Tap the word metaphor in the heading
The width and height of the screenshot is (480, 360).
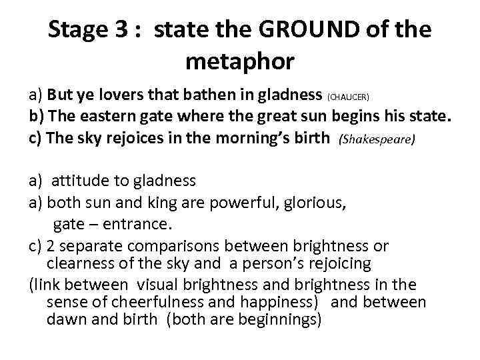[x=239, y=61]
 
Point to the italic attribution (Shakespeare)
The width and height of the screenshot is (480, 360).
[x=377, y=139]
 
